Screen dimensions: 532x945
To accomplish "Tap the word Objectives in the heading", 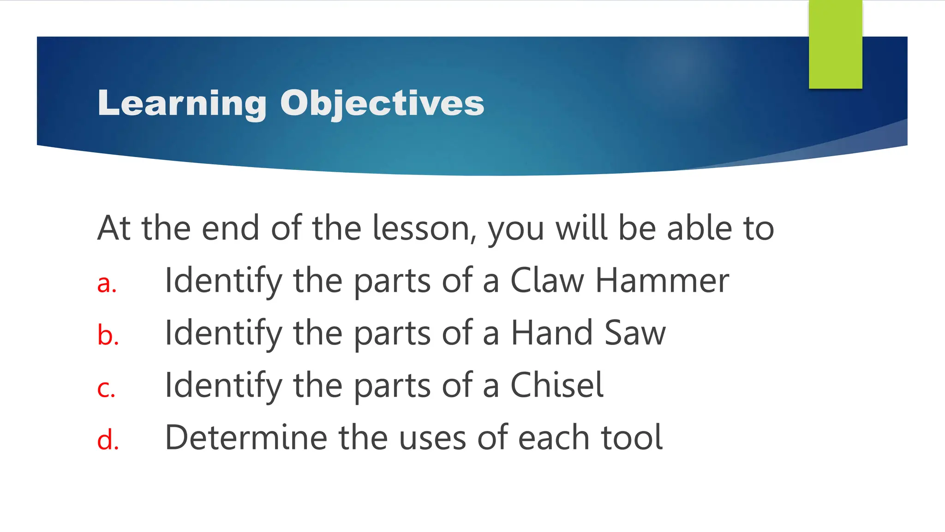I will pos(382,103).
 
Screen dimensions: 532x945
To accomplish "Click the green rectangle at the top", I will pos(835,44).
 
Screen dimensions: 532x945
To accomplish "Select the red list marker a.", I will pos(107,283).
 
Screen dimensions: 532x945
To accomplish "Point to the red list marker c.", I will pos(106,388).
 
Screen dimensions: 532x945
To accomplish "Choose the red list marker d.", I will pos(108,439).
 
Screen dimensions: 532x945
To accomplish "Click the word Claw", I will pos(547,280).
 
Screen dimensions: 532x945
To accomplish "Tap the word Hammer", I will pos(662,280).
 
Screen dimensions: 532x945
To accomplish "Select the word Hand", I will pos(552,332).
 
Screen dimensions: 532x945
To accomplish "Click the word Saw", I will pos(635,332).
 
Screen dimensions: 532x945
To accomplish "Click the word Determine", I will pos(246,437).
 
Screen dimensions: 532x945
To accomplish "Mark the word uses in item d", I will pos(432,437).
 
